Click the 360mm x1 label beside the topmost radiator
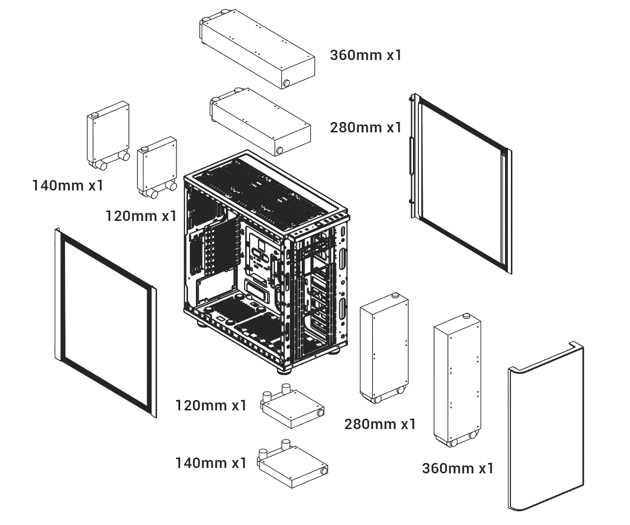365,55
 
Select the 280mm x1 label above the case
365,127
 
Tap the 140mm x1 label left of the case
67,185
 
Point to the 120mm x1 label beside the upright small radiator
141,216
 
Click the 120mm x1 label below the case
211,405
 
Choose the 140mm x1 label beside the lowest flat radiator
211,463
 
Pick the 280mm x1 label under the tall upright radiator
380,424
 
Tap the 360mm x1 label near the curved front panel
457,468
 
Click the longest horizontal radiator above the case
257,49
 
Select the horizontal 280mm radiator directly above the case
260,122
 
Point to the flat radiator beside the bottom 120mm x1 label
292,406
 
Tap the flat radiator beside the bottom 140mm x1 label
292,464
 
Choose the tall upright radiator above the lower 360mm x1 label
457,380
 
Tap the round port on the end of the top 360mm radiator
286,83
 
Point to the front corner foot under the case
284,370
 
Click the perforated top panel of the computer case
265,193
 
